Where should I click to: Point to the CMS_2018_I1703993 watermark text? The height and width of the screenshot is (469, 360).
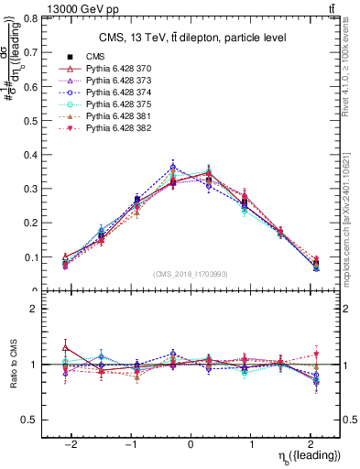(x=191, y=274)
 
